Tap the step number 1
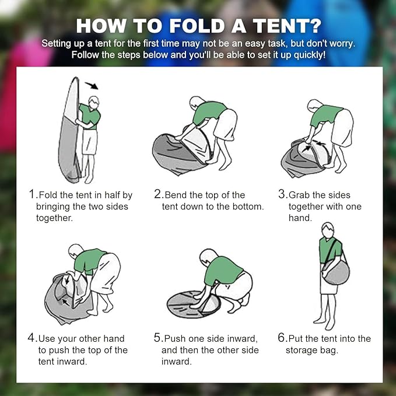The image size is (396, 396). tap(31, 195)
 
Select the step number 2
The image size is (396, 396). tap(157, 195)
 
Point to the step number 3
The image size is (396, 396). tap(282, 195)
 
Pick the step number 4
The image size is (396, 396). tap(31, 338)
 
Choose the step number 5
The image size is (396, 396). tap(157, 338)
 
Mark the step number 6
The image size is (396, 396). tap(282, 338)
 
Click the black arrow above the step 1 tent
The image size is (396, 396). tap(91, 86)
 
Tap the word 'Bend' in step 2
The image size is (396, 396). tap(176, 195)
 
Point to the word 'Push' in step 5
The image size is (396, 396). tap(176, 338)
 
